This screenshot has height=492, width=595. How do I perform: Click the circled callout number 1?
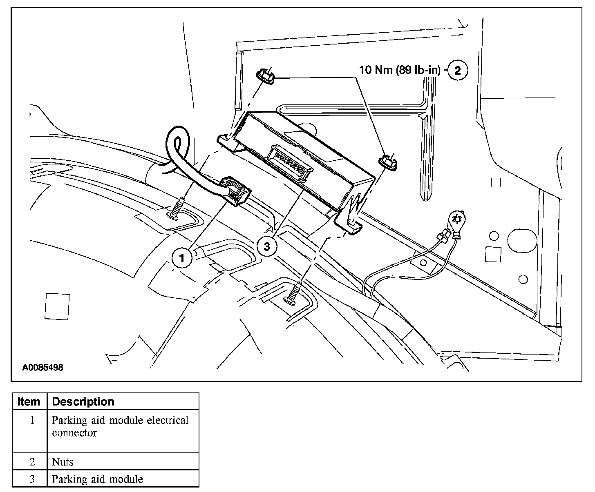pos(182,258)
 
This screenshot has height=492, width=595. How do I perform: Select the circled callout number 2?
pos(458,70)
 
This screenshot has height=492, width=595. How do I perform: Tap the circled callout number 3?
pos(266,246)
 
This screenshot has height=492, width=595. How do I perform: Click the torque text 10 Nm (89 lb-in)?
pos(400,70)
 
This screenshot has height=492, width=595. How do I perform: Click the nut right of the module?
pos(387,161)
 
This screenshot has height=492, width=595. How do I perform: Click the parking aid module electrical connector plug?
pos(235,191)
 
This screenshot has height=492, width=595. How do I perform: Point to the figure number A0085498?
pos(42,368)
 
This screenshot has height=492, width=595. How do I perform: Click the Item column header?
pos(29,402)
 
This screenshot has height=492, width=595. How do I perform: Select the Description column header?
pos(83,402)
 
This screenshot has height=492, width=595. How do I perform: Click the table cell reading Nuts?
pos(63,462)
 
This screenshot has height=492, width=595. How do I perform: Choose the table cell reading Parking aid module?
pos(97,479)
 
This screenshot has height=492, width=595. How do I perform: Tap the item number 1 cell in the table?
pos(32,420)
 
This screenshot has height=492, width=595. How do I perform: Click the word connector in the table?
pos(74,433)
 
